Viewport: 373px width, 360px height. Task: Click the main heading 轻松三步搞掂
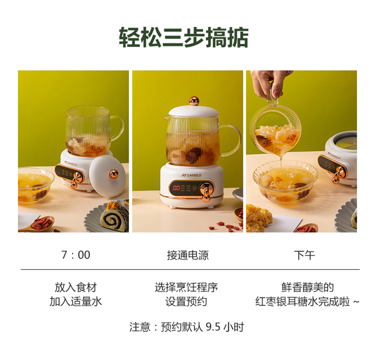(184, 38)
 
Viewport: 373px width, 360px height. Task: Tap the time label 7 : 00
(76, 255)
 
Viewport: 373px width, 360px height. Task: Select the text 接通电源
(187, 255)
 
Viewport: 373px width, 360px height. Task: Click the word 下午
(304, 255)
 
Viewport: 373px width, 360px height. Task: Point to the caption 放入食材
(76, 287)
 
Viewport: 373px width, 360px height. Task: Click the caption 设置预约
(186, 302)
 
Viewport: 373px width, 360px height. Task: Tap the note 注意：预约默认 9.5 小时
(186, 327)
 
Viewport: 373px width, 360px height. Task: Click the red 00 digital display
(176, 188)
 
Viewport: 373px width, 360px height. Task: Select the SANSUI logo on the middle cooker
(191, 175)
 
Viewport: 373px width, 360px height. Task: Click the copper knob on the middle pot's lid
(194, 101)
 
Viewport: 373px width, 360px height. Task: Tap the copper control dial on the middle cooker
(206, 191)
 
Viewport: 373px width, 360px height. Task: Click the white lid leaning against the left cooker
(107, 176)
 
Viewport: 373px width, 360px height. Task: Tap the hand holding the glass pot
(271, 83)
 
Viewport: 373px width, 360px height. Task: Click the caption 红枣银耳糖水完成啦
(302, 302)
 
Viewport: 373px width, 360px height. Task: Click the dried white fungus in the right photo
(259, 218)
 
